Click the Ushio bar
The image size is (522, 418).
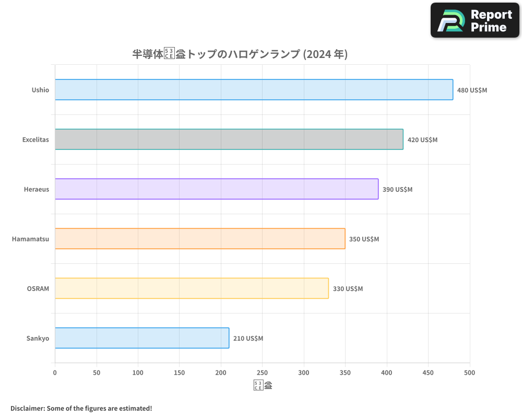click(x=254, y=90)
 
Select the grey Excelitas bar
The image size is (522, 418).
click(x=229, y=140)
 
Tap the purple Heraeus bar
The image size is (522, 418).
click(x=216, y=189)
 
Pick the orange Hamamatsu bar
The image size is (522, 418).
click(x=199, y=239)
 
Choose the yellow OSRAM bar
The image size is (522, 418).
click(x=191, y=288)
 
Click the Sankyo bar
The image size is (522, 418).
click(x=141, y=338)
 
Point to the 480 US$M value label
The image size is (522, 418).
click(x=472, y=90)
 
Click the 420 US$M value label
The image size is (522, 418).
click(x=422, y=140)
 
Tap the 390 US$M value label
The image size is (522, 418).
click(x=397, y=190)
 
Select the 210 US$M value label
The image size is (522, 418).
click(x=248, y=339)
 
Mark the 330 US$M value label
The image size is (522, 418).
click(x=348, y=289)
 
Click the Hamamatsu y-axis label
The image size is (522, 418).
click(x=30, y=239)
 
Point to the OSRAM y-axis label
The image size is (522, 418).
click(x=38, y=289)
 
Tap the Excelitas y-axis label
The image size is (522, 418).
click(x=35, y=140)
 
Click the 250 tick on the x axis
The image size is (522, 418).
click(x=262, y=373)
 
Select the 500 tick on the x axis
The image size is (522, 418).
click(x=469, y=373)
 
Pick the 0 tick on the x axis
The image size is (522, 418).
click(x=55, y=373)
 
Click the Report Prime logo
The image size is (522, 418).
click(x=474, y=20)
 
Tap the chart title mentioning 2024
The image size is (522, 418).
click(x=240, y=54)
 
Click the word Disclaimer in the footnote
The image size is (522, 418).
click(x=27, y=408)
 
